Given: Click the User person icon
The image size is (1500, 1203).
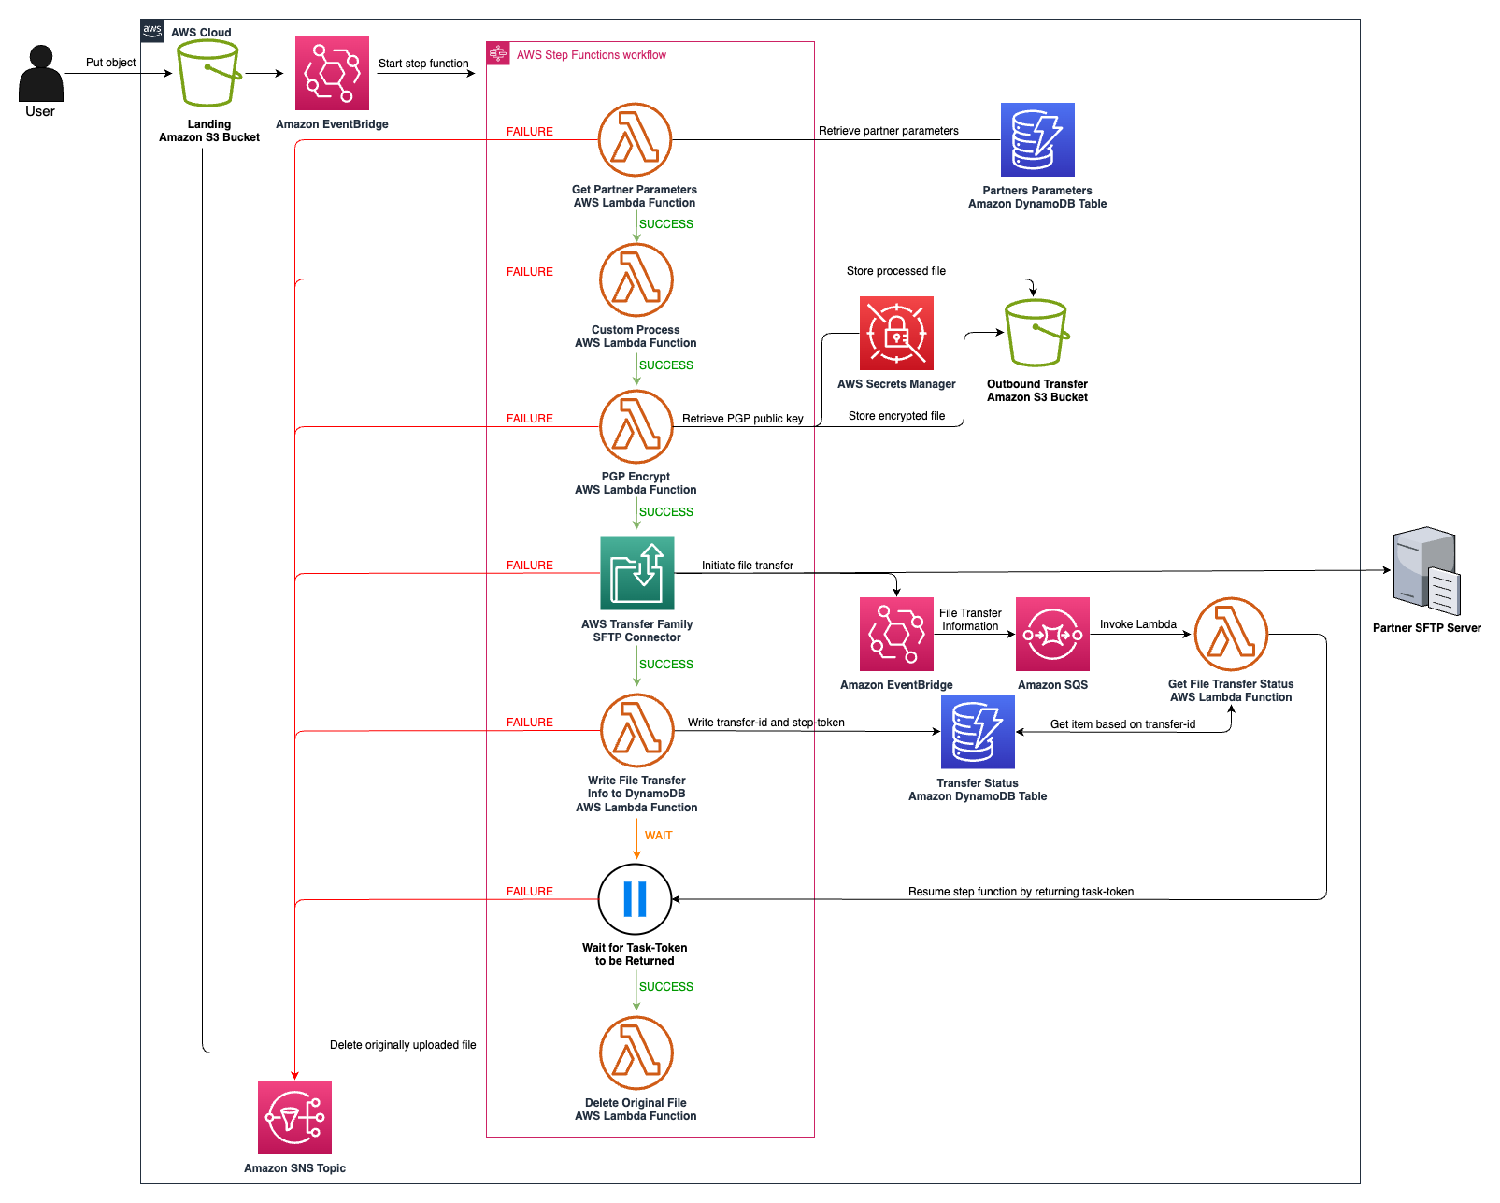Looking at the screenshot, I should pos(40,74).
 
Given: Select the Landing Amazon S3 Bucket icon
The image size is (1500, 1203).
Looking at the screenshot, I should pos(208,74).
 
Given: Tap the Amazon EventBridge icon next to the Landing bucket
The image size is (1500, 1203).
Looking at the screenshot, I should pos(332,74).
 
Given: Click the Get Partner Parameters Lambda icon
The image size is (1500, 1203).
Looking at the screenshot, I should pos(635,139).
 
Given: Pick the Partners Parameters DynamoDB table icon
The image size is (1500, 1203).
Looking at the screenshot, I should pos(1037,140).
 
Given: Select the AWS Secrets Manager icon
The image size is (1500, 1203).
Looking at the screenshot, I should pos(896,334).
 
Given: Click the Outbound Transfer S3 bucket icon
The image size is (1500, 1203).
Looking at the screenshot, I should pos(1036,333).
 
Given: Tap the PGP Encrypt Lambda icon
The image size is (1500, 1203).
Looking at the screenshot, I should pos(636,426).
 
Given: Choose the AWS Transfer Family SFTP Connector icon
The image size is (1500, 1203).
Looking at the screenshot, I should pos(636,573).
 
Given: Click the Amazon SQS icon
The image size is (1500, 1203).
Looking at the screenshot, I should pos(1052,634).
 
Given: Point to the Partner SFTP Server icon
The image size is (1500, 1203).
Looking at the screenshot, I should pos(1425,570).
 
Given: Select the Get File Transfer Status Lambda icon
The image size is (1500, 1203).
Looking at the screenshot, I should pos(1231,634).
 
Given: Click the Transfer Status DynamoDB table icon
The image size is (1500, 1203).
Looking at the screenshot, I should pos(978,731).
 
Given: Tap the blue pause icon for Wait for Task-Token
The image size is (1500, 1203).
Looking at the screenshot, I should pos(635,899).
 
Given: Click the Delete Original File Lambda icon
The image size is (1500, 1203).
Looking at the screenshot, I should pos(636,1053).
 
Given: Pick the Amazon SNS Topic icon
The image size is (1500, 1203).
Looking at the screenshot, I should pos(294,1117).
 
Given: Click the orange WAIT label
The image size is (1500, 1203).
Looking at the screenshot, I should pos(658,836).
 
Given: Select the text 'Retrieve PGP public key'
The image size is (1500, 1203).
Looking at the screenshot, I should pos(742,419).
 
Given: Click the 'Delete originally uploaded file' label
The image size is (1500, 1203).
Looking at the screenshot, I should pos(403,1045).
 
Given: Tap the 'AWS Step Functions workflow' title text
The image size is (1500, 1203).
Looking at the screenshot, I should pos(591,55).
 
